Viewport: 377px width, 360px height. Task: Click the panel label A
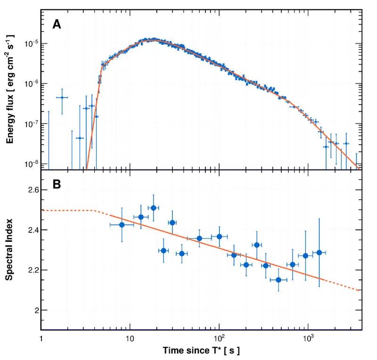56,25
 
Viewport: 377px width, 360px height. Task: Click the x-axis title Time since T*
202,351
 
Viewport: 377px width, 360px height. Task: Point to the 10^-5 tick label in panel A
31,44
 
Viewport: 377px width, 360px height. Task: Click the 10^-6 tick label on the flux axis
31,84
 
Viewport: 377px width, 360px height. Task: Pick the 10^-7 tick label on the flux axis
31,124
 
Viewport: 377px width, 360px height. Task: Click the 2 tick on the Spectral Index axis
36,310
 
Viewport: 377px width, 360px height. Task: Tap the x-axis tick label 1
41,339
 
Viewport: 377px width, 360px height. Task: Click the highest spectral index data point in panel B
153,208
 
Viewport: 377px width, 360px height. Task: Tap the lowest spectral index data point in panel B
279,280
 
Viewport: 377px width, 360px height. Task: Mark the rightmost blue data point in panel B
319,253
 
